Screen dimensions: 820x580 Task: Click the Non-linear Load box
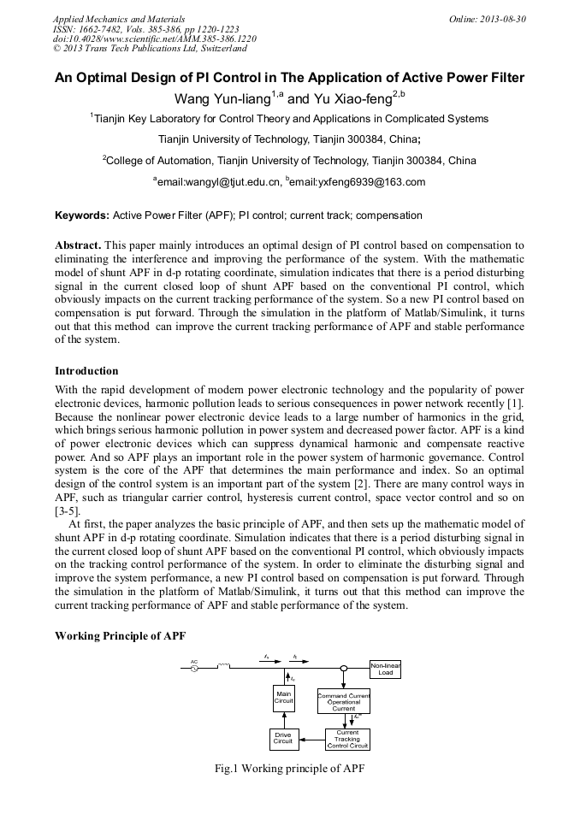click(386, 669)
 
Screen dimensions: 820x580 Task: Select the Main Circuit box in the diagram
click(283, 697)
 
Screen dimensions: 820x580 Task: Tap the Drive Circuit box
click(283, 738)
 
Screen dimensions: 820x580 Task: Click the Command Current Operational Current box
click(343, 701)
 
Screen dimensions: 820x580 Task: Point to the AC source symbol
click(195, 668)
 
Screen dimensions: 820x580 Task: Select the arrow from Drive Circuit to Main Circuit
click(283, 718)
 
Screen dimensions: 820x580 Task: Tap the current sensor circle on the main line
click(343, 668)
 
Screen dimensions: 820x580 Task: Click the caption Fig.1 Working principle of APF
click(289, 768)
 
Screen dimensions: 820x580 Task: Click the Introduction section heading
click(86, 370)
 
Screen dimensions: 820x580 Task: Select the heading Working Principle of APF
click(120, 636)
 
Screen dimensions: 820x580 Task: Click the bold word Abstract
click(78, 245)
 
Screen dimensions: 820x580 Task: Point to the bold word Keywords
click(82, 215)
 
